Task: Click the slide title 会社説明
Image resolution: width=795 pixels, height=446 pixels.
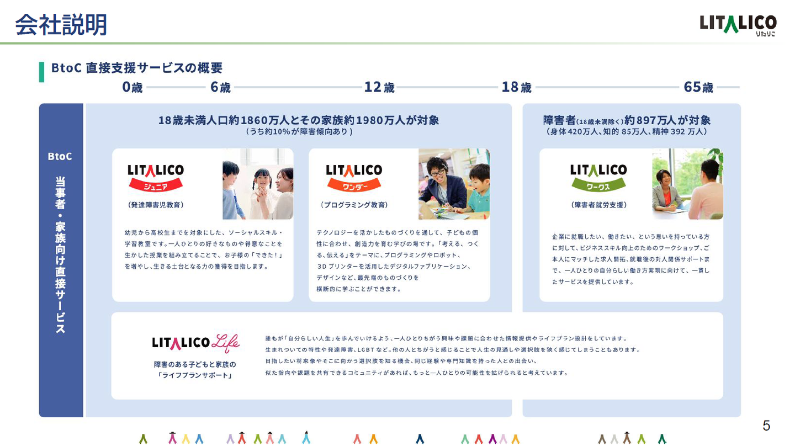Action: (61, 24)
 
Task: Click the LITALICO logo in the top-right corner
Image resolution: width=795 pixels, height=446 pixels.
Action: (738, 25)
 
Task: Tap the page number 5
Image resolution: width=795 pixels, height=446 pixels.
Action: (766, 426)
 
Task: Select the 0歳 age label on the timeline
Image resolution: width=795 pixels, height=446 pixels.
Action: (132, 87)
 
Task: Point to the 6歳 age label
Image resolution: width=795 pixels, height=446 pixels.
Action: (220, 87)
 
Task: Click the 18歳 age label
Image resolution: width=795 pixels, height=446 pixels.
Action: (516, 87)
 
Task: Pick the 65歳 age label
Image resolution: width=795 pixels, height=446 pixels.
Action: (698, 87)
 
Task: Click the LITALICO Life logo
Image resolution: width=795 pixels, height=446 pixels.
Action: (195, 343)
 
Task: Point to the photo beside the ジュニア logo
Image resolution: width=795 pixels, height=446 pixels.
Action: (258, 184)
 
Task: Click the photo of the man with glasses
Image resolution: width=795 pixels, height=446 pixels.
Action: (454, 184)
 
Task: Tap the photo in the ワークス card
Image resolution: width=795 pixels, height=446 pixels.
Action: (687, 184)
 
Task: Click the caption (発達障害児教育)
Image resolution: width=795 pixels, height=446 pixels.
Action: (156, 205)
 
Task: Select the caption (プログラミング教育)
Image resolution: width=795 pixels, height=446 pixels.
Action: (354, 205)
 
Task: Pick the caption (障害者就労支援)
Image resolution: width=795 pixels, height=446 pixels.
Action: (599, 205)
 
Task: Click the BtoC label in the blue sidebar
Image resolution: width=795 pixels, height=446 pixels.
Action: (60, 156)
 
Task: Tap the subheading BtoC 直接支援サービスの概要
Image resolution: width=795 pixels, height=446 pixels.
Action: (137, 68)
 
